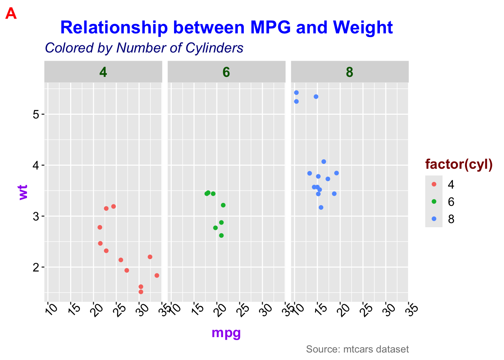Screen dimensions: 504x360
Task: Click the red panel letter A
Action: (x=11, y=13)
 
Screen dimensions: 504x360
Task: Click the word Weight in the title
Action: (x=363, y=28)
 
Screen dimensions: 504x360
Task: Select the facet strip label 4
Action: (x=103, y=72)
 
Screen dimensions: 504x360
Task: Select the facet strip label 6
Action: (x=226, y=72)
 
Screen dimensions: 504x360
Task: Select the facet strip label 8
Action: (x=349, y=72)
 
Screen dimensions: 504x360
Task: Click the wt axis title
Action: (x=23, y=192)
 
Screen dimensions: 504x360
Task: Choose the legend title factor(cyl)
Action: (x=459, y=164)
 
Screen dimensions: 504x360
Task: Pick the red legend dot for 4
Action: (x=434, y=184)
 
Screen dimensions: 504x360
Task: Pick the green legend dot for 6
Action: (x=434, y=202)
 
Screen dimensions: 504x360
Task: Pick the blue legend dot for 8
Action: (x=434, y=219)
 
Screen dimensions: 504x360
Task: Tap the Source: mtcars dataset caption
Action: (x=357, y=349)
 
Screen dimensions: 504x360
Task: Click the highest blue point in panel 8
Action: (x=296, y=93)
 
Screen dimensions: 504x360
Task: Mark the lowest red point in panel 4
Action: (x=141, y=292)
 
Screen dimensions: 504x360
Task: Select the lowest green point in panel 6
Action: (x=221, y=235)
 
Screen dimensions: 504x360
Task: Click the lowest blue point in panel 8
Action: (x=321, y=207)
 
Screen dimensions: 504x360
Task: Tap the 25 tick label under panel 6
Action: (x=244, y=310)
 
